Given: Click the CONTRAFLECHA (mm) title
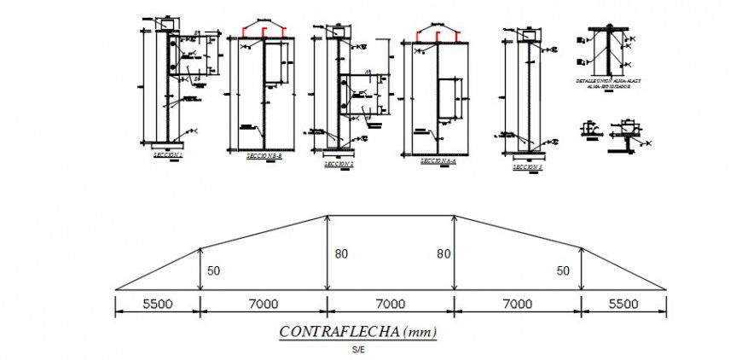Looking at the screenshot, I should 357,332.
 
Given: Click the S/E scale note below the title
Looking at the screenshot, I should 357,349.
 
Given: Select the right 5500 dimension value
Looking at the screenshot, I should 624,304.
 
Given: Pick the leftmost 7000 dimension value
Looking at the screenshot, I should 264,304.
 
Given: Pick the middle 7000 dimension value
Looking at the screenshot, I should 391,304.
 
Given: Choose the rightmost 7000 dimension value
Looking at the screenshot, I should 518,304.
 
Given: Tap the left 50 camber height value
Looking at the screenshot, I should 212,270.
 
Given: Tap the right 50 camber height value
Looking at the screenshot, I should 563,270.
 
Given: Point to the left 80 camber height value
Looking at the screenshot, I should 341,253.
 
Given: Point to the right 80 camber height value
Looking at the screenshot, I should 443,253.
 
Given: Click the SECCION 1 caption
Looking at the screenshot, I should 168,155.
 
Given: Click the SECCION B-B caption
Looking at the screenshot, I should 264,157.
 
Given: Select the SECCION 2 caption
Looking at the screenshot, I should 339,163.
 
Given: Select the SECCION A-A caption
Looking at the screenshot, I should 438,160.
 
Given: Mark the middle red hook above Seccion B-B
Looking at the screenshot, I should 266,32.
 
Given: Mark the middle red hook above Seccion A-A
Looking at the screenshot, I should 438,34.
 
